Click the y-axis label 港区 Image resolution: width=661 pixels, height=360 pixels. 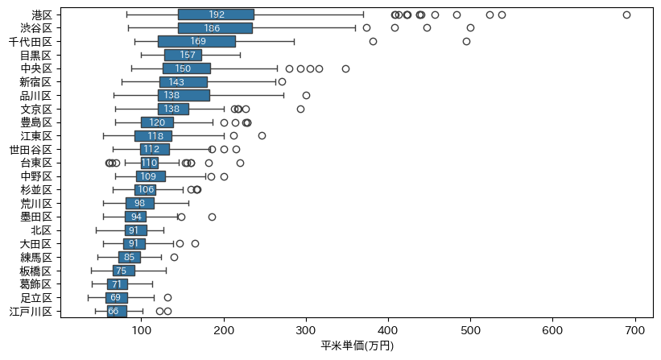pos(42,14)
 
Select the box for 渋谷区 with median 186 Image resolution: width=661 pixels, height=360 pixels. pos(215,28)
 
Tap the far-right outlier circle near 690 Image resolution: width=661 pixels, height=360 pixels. pos(626,14)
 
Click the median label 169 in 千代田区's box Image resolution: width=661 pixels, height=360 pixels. pos(197,41)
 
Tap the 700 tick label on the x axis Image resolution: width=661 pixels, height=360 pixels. pos(635,329)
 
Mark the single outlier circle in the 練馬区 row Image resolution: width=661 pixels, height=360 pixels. pos(174,257)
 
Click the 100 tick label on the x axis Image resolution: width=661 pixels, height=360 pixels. pos(142,329)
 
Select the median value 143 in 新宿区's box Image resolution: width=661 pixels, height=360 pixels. pos(176,82)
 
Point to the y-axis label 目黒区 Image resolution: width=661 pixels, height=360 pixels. pos(36,55)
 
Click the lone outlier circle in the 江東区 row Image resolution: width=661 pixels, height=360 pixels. pos(262,136)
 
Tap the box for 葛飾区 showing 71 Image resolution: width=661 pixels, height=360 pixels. pos(118,284)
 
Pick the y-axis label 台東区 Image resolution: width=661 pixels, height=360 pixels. pos(36,163)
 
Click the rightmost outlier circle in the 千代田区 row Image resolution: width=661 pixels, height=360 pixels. pos(466,41)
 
